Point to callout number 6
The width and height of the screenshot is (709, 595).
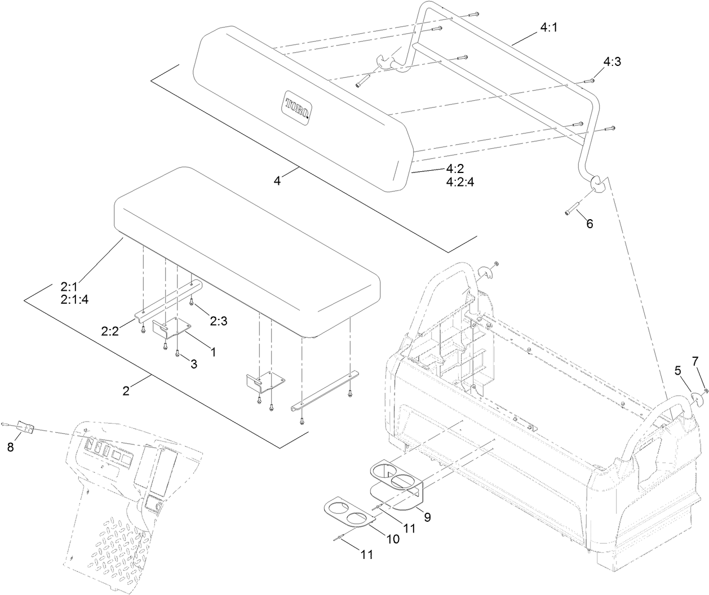point(590,224)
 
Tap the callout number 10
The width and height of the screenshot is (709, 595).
point(392,539)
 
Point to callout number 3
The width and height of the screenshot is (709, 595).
point(193,364)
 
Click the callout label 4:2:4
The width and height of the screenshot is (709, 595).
point(460,182)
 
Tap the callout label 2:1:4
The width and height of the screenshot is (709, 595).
point(74,299)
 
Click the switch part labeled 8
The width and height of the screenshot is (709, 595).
point(25,427)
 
